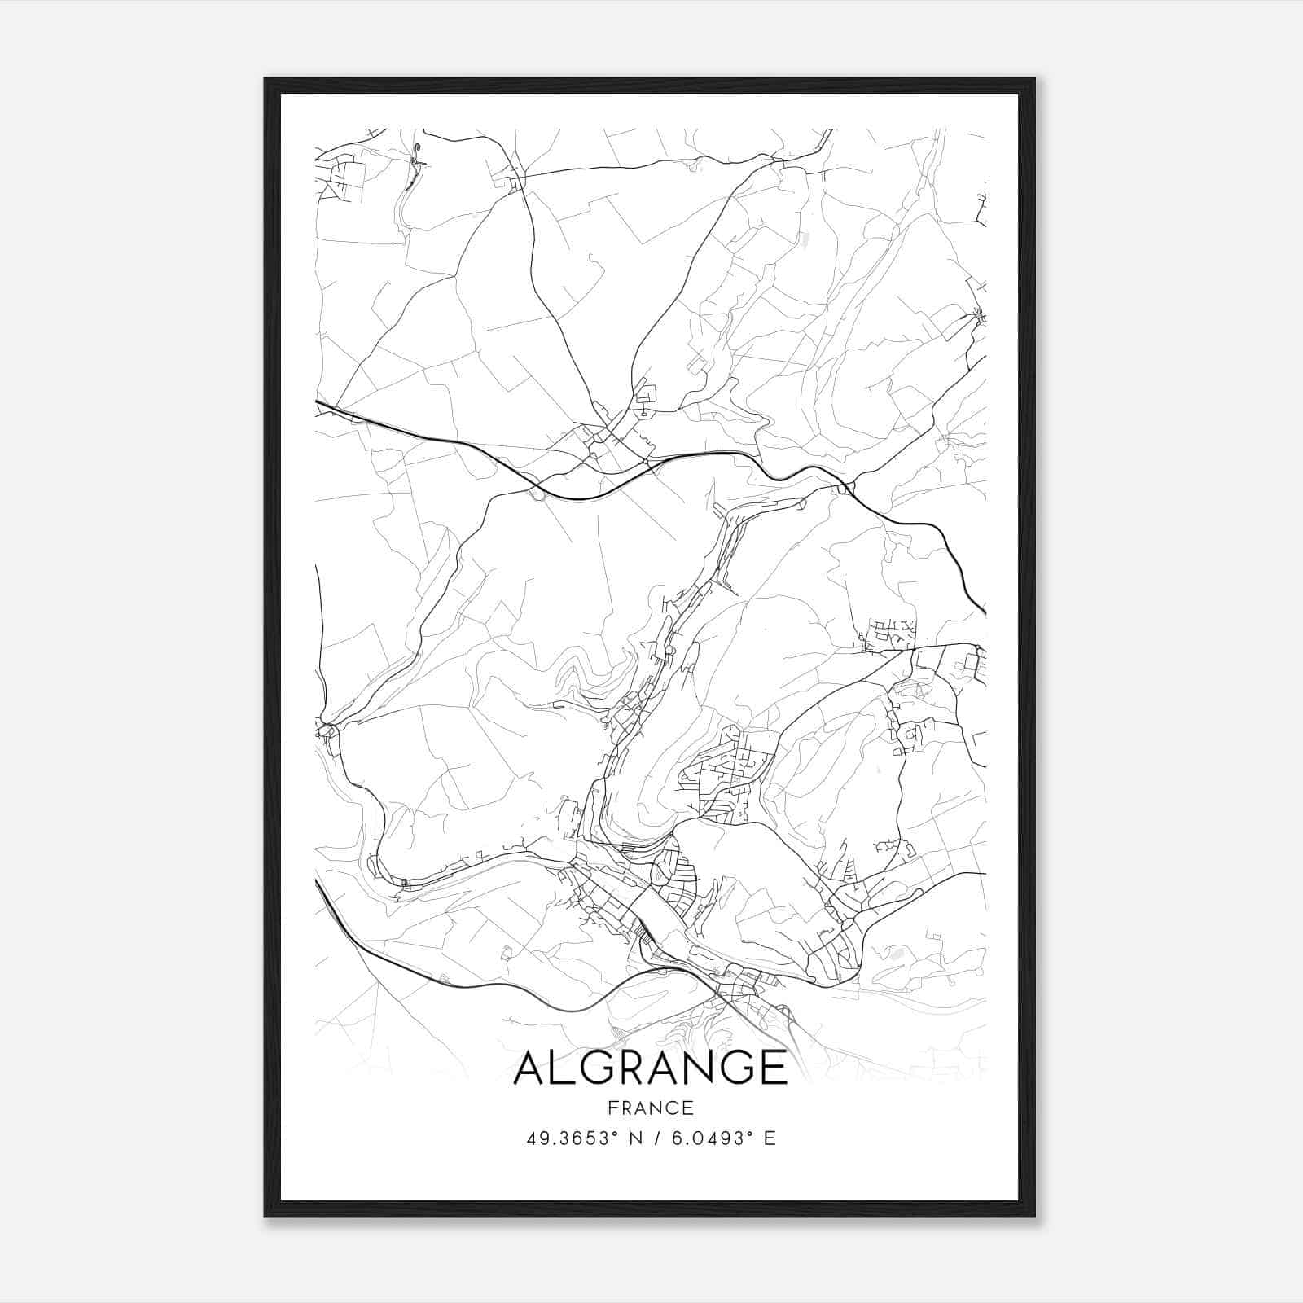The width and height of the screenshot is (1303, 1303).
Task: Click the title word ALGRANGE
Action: coord(650,1068)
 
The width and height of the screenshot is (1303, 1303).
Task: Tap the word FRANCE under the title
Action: coord(650,1108)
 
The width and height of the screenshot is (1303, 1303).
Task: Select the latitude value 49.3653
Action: coord(565,1138)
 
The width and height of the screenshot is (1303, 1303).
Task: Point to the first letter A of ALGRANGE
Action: coord(530,1068)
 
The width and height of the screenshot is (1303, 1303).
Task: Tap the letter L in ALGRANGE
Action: coord(564,1068)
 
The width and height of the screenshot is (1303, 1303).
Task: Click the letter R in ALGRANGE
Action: coord(634,1068)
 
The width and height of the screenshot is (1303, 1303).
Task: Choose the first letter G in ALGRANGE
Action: coord(597,1068)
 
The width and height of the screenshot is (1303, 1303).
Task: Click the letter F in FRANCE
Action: coord(612,1108)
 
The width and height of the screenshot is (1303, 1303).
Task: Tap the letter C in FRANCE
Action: coord(674,1108)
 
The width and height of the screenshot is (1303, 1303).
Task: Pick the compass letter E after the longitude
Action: coord(770,1138)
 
